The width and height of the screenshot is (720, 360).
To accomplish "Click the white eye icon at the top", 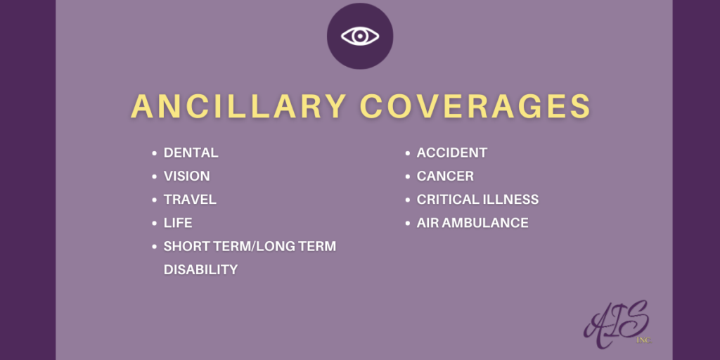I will click(x=360, y=36).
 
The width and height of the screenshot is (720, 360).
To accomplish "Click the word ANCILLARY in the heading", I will click(x=238, y=106).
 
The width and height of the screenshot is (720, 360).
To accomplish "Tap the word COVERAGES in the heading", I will click(x=475, y=106).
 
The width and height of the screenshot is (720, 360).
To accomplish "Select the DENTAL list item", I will click(x=191, y=153).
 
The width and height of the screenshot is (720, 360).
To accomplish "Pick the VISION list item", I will click(x=186, y=176).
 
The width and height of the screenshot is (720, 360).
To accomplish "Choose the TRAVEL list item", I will click(x=190, y=199).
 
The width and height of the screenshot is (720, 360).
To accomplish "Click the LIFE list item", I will click(x=178, y=222).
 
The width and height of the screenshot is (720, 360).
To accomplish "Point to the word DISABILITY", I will click(x=200, y=269).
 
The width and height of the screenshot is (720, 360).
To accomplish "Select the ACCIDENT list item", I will click(x=451, y=153).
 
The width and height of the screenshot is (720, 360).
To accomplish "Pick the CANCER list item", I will click(x=445, y=176).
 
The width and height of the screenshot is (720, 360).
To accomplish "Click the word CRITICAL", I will click(x=446, y=199).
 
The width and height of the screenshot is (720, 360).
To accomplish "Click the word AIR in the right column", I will click(x=429, y=222).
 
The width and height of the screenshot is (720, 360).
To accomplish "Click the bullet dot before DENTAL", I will click(x=154, y=153).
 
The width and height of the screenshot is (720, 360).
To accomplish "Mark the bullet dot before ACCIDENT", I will click(x=407, y=153).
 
